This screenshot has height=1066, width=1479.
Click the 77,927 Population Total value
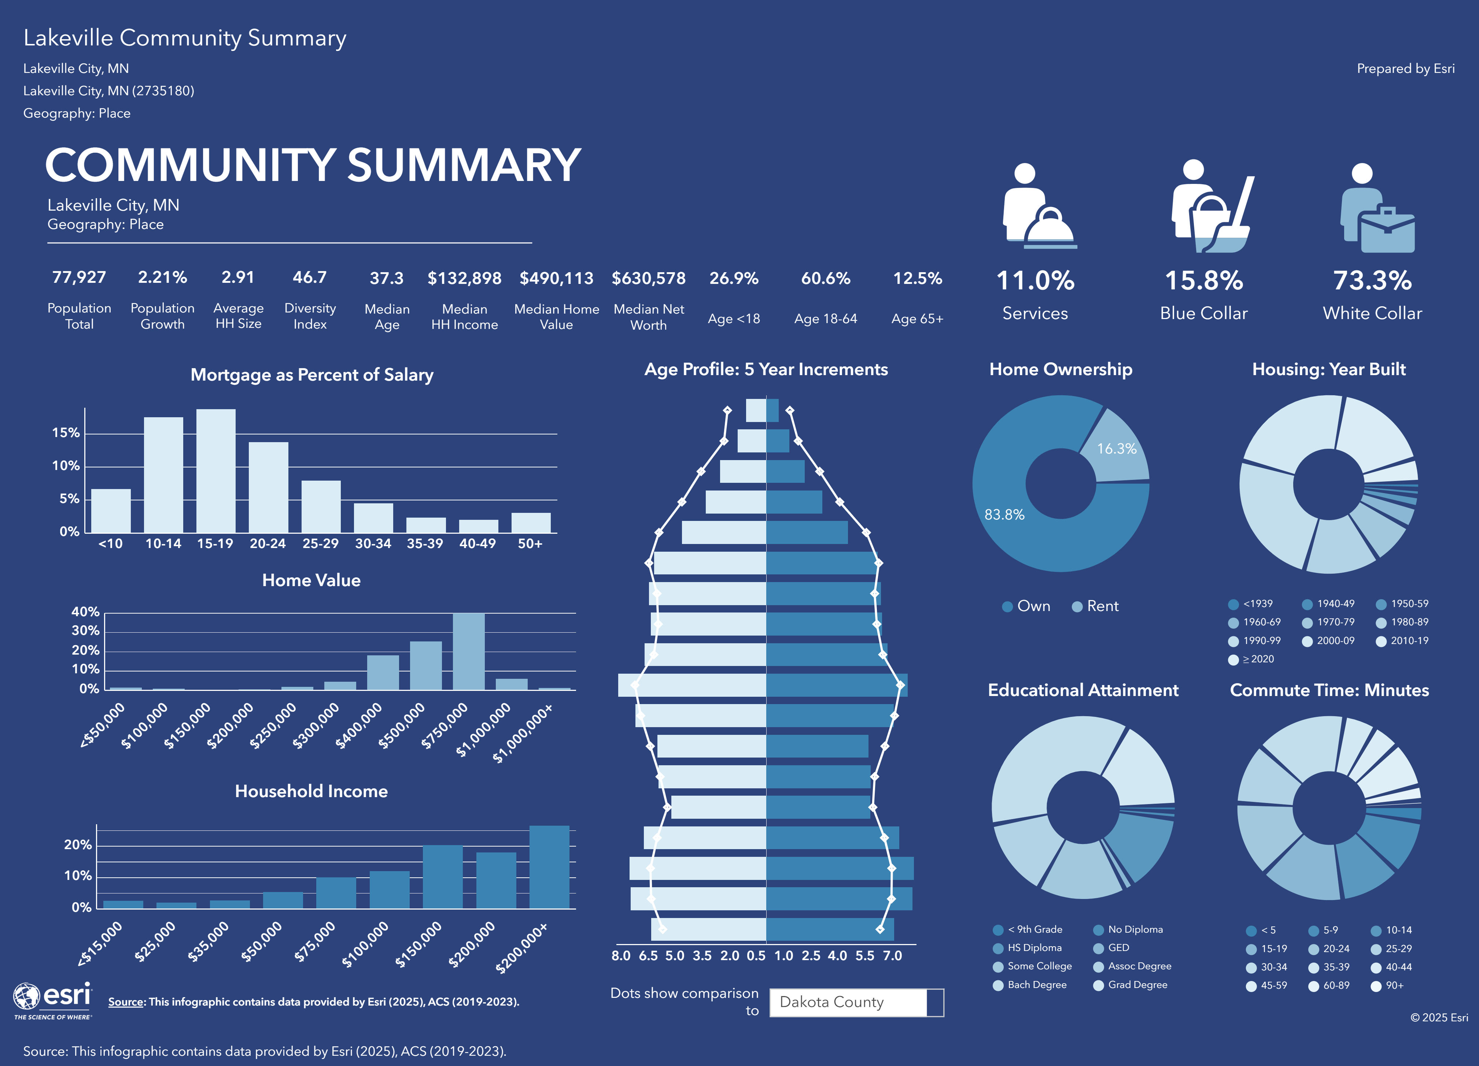[x=79, y=278]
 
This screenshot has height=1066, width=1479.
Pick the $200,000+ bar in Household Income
[x=549, y=867]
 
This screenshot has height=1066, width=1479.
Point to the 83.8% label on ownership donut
[x=1004, y=514]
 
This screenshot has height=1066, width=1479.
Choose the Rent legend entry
[x=1096, y=606]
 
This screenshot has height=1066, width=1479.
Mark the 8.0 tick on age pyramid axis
[x=621, y=956]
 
